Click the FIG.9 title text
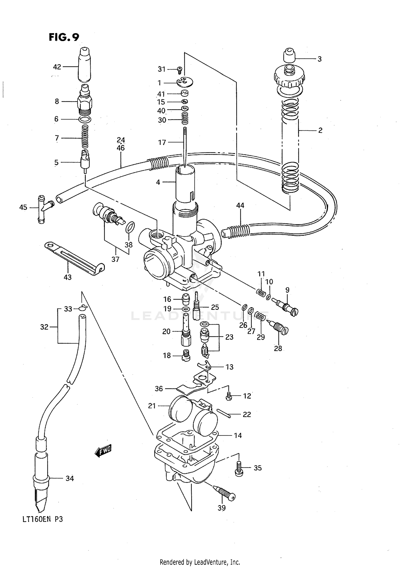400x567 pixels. (x=64, y=37)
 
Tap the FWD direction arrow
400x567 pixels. (x=103, y=451)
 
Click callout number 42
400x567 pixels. (x=57, y=67)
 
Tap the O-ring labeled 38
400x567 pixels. (x=130, y=227)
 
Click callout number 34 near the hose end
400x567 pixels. (x=70, y=478)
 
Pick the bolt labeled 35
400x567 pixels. (x=239, y=468)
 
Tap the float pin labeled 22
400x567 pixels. (x=223, y=414)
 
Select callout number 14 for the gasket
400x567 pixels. (x=238, y=436)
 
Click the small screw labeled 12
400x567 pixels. (x=229, y=397)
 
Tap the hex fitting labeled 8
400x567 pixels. (x=85, y=102)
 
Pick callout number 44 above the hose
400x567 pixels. (x=240, y=205)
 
